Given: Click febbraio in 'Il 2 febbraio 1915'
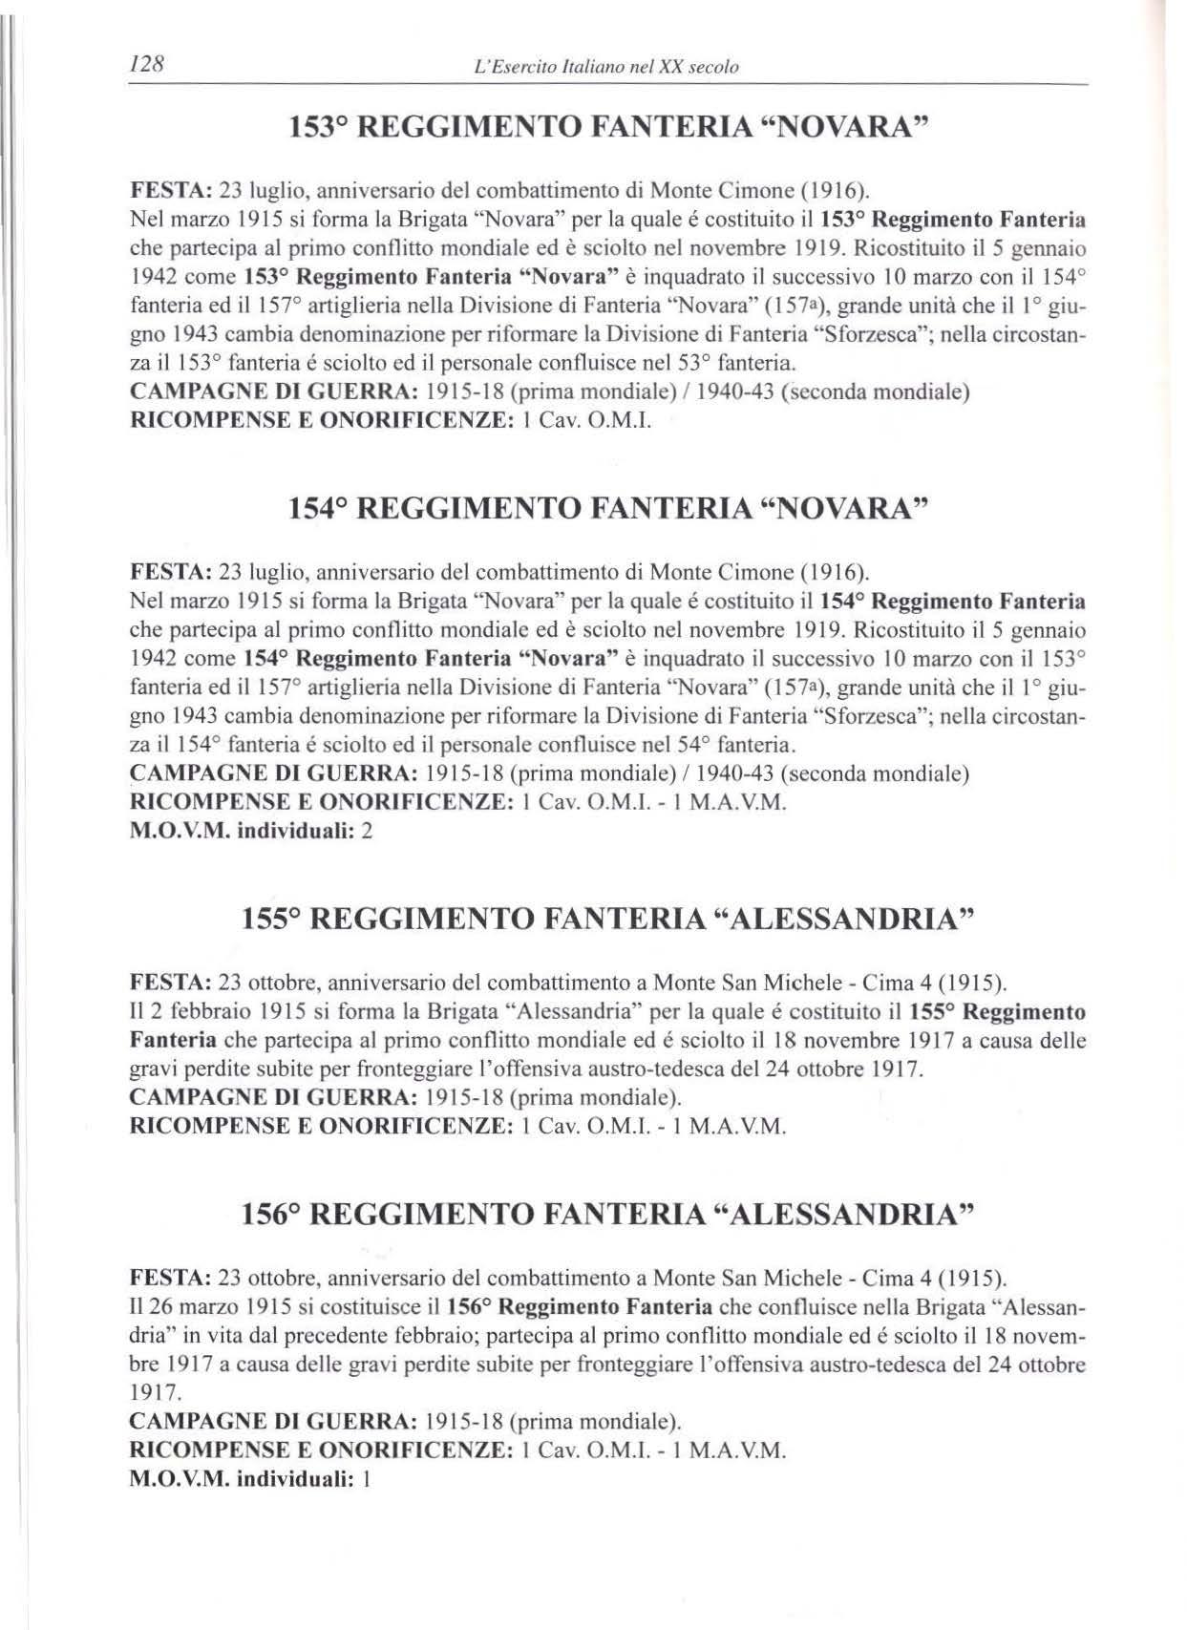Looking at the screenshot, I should point(201,1011).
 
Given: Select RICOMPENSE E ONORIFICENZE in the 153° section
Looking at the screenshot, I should point(318,421).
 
